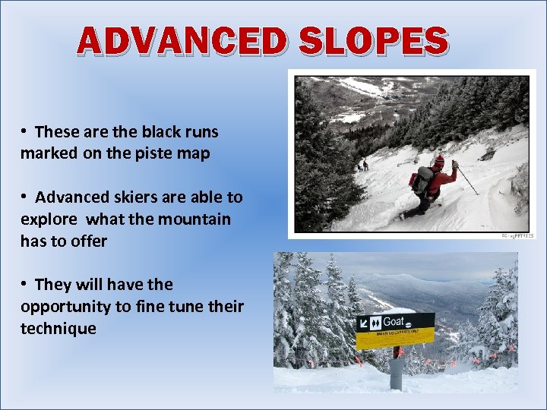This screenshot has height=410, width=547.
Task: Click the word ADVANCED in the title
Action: tap(184, 42)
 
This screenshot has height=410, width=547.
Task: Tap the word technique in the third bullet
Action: tap(58, 329)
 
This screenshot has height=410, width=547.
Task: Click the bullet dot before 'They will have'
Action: tap(25, 285)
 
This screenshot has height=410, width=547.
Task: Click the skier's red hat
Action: tap(438, 161)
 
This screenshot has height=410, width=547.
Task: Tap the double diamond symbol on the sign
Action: tap(375, 323)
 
